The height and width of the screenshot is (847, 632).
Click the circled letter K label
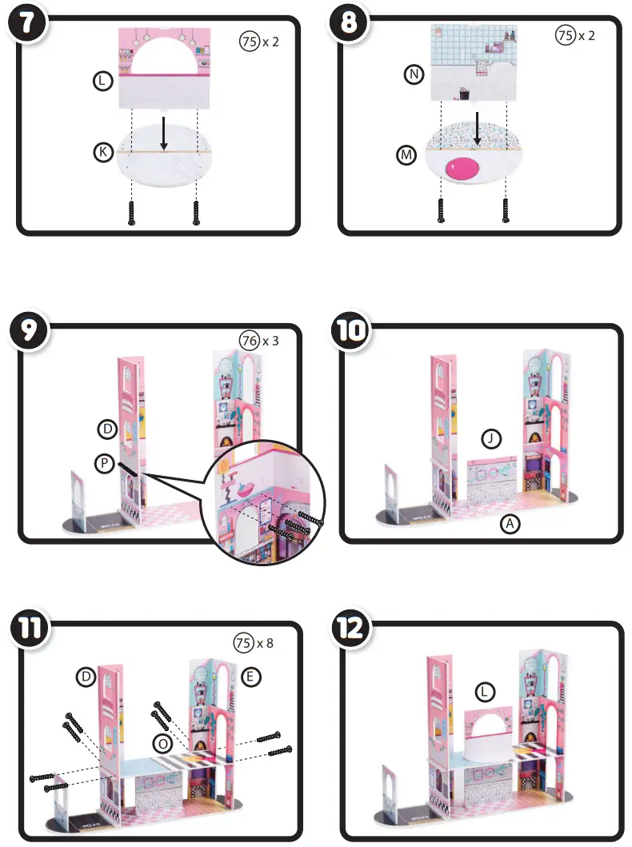pyautogui.click(x=102, y=151)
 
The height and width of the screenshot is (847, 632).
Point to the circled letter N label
pyautogui.click(x=413, y=75)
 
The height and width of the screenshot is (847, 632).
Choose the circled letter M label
pyautogui.click(x=407, y=157)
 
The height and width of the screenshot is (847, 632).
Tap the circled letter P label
pyautogui.click(x=103, y=465)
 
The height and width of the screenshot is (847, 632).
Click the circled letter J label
pyautogui.click(x=492, y=438)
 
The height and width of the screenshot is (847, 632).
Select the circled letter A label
pyautogui.click(x=507, y=524)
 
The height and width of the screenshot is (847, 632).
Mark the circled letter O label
pyautogui.click(x=162, y=743)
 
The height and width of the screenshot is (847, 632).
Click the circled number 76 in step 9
pyautogui.click(x=249, y=341)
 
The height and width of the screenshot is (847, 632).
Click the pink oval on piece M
pyautogui.click(x=462, y=169)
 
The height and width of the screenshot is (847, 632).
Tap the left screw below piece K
pyautogui.click(x=132, y=212)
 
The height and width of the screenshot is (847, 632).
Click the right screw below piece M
pyautogui.click(x=505, y=210)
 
